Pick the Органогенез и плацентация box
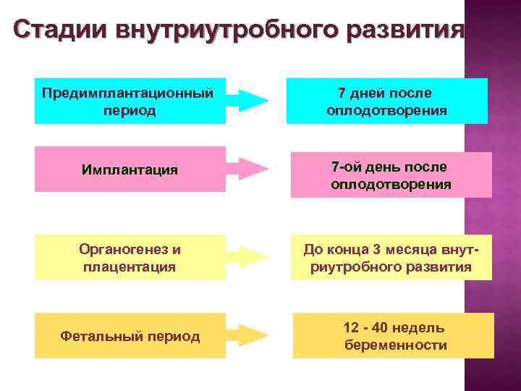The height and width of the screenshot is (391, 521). point(130,258)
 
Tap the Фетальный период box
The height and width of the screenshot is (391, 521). point(130,337)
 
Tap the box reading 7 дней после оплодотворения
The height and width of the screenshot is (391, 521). point(387,101)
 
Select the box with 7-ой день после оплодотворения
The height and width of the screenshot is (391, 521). point(391,175)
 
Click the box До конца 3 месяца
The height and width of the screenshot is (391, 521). point(391,258)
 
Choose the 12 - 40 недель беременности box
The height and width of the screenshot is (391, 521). point(394,336)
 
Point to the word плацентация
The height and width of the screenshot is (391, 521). point(130,267)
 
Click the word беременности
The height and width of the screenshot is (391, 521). point(395,345)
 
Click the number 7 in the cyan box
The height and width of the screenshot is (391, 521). point(342,93)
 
